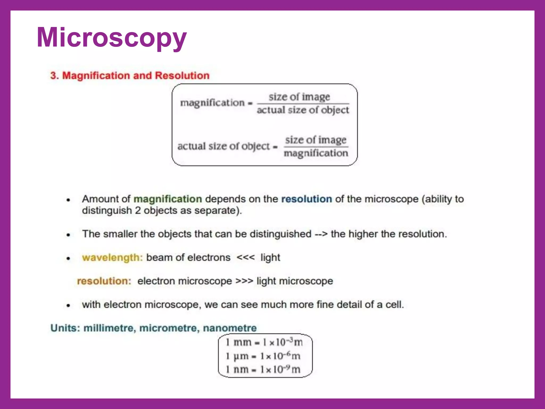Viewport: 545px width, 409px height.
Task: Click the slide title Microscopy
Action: click(112, 38)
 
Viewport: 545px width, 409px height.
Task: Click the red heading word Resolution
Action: click(182, 76)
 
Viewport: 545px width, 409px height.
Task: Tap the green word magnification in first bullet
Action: click(168, 199)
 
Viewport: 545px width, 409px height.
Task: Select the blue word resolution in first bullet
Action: click(307, 199)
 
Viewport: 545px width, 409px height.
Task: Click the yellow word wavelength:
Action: click(112, 258)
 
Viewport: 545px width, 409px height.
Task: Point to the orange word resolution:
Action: click(104, 281)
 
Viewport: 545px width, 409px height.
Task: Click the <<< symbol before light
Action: click(245, 257)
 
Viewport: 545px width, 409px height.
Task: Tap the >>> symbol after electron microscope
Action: click(244, 281)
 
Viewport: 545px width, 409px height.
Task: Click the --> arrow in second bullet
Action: click(321, 234)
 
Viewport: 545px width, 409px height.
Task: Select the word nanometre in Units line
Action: click(230, 328)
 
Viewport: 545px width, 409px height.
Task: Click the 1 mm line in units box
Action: click(264, 342)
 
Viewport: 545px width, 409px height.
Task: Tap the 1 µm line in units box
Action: click(263, 356)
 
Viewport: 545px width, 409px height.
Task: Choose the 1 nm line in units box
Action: click(263, 370)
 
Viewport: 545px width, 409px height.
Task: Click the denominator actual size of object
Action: click(303, 110)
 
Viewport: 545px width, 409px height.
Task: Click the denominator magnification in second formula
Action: click(316, 153)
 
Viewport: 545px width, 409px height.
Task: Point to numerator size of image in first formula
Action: click(299, 97)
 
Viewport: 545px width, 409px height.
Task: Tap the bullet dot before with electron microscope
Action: click(68, 305)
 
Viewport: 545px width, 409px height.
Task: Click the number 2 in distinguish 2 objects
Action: click(138, 211)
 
